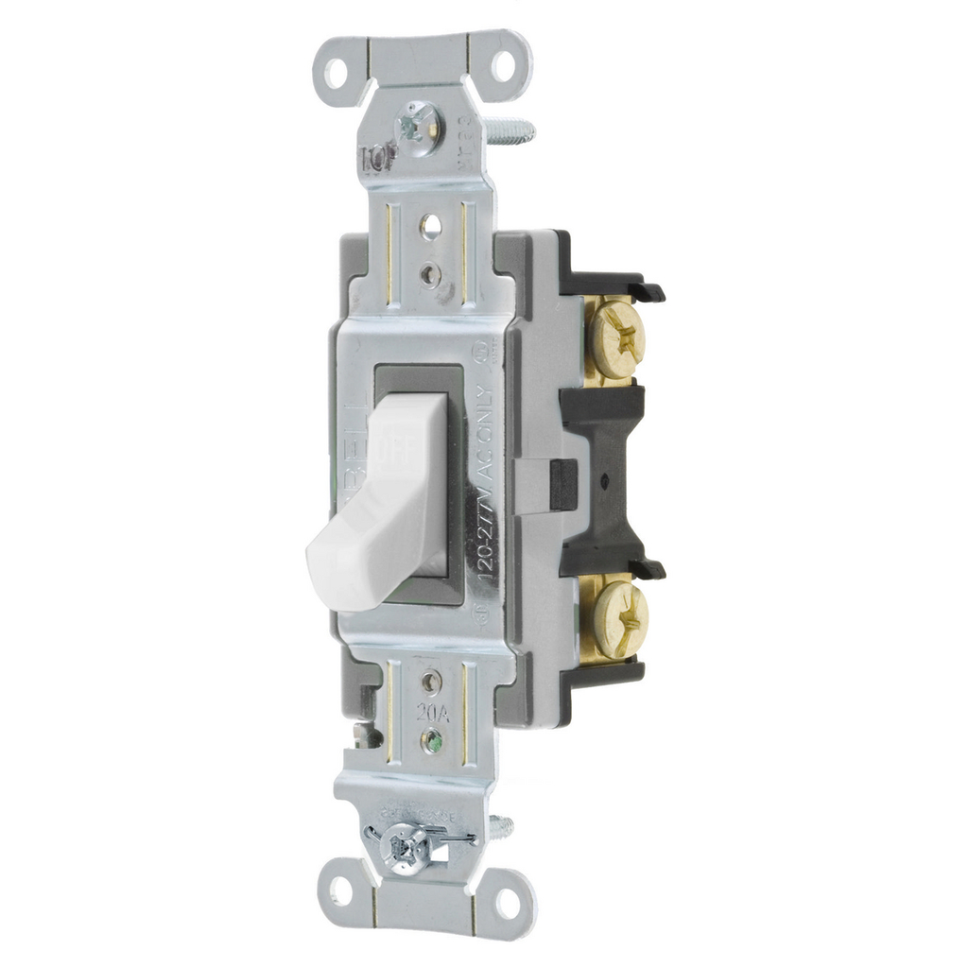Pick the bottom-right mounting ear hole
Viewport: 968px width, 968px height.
(x=509, y=902)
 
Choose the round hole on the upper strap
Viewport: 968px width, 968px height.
(x=430, y=226)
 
